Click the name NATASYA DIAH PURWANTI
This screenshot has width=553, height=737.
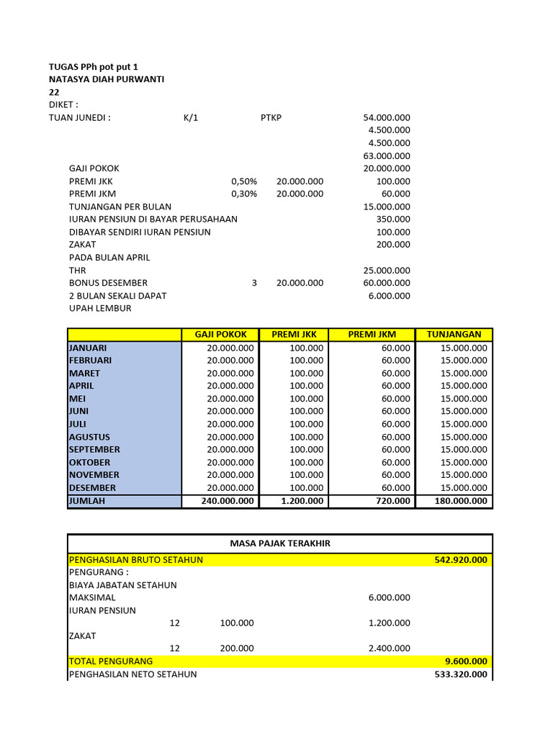coord(106,79)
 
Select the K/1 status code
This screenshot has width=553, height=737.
coord(191,118)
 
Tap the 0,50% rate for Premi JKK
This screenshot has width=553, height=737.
coord(244,181)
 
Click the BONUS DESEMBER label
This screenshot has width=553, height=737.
coord(108,283)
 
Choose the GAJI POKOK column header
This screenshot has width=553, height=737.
coord(220,335)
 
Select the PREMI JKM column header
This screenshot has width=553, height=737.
coord(372,335)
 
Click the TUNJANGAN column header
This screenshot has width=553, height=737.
coord(454,335)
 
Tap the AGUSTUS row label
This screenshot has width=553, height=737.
coord(90,437)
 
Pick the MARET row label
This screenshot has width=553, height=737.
coord(85,374)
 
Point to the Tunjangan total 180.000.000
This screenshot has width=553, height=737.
coord(461,501)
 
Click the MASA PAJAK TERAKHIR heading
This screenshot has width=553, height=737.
coord(280,543)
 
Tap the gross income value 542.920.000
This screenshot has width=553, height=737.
coord(461,560)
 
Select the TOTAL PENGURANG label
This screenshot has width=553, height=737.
coord(111,661)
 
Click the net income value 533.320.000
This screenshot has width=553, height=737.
coord(461,674)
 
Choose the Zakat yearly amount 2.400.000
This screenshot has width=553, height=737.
coord(389,648)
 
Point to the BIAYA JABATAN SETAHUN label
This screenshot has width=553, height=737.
coord(122,585)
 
